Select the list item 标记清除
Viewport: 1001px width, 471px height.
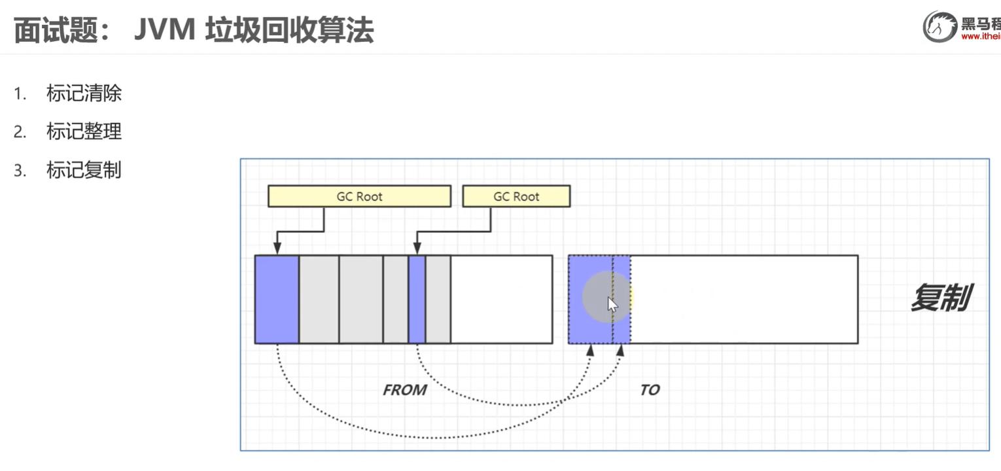click(x=84, y=94)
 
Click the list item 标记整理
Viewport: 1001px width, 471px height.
click(x=84, y=132)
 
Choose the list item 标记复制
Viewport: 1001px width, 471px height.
click(x=84, y=171)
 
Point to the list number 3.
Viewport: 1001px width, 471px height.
click(x=20, y=171)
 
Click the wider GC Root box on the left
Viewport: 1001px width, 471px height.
click(x=359, y=196)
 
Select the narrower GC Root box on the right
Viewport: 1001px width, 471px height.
click(x=516, y=196)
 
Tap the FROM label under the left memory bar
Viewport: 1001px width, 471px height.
click(x=404, y=391)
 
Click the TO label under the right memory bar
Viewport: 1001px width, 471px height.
click(x=650, y=391)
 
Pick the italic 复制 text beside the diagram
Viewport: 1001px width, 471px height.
click(x=940, y=298)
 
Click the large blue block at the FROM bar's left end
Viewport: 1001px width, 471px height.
click(x=277, y=299)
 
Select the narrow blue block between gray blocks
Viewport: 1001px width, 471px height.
click(x=417, y=299)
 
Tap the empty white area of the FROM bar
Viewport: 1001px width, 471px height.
click(x=501, y=299)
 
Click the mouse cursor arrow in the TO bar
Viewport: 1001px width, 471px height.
click(x=611, y=305)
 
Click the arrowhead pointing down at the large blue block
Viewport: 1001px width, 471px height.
click(x=277, y=249)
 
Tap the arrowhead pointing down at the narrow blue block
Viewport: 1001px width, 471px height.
click(x=416, y=249)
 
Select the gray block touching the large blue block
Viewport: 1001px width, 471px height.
click(x=319, y=299)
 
